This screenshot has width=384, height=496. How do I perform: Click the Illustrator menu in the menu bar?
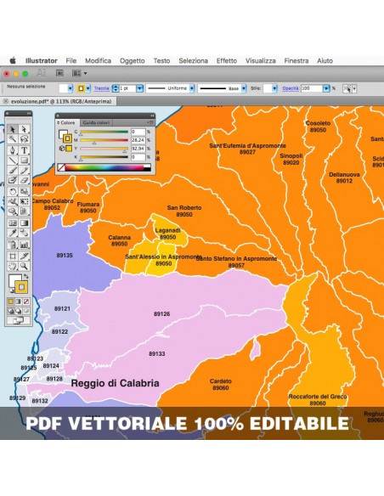[x=42, y=61]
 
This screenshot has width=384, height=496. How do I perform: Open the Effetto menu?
[x=226, y=61]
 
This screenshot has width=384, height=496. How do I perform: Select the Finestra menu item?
[x=296, y=61]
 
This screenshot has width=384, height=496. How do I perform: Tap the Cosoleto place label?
[x=318, y=124]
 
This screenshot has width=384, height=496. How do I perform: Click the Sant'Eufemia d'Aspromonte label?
[x=247, y=146]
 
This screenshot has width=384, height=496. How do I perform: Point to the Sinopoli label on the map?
[x=291, y=156]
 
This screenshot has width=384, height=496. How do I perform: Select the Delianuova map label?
[x=344, y=175]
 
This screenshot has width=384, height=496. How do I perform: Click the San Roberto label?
[x=184, y=208]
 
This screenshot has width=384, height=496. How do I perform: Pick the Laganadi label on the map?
[x=168, y=231]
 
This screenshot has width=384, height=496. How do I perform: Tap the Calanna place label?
[x=120, y=238]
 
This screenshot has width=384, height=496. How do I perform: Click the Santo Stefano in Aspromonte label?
[x=236, y=259]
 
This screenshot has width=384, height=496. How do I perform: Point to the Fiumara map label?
[x=88, y=205]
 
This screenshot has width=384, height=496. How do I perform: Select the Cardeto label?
[x=221, y=381]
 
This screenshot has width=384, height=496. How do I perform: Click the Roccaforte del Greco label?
[x=318, y=397]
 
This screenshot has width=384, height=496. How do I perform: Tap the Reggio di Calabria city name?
[x=115, y=383]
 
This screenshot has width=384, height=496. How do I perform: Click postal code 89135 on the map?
[x=65, y=255]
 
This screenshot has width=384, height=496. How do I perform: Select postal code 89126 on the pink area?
[x=161, y=314]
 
